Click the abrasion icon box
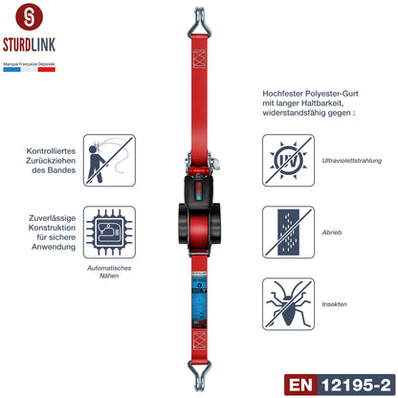pos(288,231)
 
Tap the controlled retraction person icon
pos(109,159)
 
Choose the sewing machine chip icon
pos(109,232)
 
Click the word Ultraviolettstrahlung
pos(348,161)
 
